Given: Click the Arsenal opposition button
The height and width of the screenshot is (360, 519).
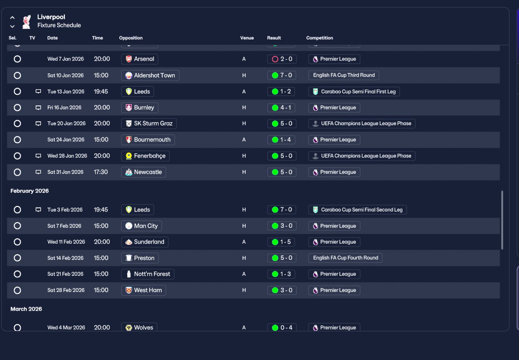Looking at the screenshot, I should point(139,59).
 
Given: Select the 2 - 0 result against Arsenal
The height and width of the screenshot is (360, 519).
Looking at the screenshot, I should point(282,59).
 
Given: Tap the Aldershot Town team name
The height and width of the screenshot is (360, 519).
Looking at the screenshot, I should point(150,75).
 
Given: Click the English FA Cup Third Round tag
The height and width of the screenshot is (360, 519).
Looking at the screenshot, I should point(344,75).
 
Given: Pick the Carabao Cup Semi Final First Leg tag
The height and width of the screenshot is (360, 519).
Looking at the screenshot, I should point(354,92).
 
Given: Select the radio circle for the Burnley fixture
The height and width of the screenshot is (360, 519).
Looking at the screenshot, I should point(17,108).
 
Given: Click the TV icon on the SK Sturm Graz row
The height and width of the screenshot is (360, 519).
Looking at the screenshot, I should point(39,124).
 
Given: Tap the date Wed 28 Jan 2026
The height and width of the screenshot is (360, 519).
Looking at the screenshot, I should point(67,156).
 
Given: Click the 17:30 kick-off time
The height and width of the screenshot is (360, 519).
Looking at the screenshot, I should point(101,172).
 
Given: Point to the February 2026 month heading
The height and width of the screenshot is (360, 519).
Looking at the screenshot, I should point(30,191).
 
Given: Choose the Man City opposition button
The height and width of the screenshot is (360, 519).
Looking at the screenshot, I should point(142,226).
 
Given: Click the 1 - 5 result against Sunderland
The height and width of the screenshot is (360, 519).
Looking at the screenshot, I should point(282,242).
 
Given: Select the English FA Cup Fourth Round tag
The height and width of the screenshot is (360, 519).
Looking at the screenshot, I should point(345,258).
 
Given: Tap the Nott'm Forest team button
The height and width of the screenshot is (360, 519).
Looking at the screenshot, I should point(148,274).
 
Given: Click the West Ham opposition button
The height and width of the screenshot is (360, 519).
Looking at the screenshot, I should point(144,290).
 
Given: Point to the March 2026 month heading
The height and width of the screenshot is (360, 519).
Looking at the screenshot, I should point(26,309).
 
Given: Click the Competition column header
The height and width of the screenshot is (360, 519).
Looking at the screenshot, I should point(320,38).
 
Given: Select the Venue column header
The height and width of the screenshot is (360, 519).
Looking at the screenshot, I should point(247,38).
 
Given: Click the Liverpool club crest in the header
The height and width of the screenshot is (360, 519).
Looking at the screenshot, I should point(27,21).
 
